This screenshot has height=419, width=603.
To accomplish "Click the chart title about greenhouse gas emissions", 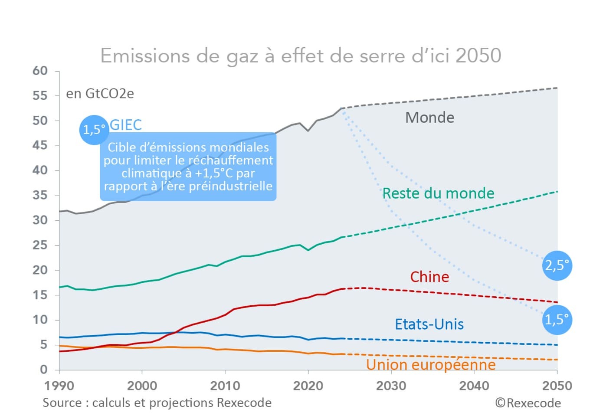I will point(301,56).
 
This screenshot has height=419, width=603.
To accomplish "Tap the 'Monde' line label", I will point(429,118).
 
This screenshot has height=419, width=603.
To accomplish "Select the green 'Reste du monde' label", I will point(438,193).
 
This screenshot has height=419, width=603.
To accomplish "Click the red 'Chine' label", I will point(429,277).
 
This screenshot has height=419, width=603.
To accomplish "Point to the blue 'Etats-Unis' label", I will point(429,324).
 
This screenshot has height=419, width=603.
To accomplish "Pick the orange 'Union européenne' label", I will point(431,365).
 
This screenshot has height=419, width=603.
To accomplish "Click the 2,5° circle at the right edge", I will point(557,265).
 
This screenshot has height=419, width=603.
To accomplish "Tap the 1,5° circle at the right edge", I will point(557,320).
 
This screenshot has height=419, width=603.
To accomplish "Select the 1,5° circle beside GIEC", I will point(94,130).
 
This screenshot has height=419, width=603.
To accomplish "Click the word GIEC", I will point(125,125).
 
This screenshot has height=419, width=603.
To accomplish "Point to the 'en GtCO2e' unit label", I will point(100,94).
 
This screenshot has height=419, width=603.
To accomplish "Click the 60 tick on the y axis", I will point(40,71).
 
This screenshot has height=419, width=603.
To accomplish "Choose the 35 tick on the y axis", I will point(40,195).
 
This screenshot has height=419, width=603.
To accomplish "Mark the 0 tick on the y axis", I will point(43,370).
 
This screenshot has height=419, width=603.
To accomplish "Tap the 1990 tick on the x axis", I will point(59,386).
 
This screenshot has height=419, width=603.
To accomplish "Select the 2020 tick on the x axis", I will point(308,386).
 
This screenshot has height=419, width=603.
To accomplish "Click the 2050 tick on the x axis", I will point(557,386).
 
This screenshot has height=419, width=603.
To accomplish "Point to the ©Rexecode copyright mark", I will point(528,403).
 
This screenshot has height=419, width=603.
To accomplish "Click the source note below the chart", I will point(157,403).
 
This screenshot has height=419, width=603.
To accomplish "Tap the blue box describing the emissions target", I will point(188,167).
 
